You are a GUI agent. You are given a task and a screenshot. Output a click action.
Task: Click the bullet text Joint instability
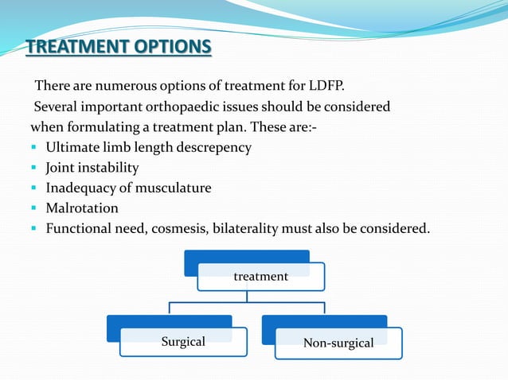coord(92,168)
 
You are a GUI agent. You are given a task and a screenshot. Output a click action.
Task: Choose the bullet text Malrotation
coord(82,208)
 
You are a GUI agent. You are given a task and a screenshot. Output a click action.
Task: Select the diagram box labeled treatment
coord(260,277)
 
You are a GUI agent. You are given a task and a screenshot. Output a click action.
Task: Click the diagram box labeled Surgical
coord(183,342)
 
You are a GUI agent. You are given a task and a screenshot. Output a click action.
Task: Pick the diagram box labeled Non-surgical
coord(338,343)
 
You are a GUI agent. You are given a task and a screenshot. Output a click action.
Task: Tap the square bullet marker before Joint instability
coord(34,169)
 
